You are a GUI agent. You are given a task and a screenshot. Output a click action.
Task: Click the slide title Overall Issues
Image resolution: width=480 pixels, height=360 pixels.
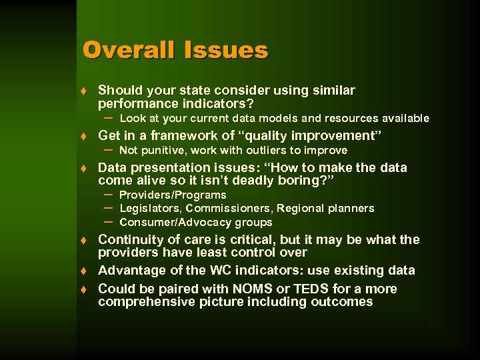[175, 50]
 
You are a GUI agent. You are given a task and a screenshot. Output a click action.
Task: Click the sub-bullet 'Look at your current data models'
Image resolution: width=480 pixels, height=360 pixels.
[274, 119]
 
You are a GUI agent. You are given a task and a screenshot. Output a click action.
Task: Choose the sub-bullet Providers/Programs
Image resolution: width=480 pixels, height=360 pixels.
[173, 195]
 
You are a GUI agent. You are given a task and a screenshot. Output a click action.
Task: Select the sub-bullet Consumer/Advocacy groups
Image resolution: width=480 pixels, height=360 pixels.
[195, 223]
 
